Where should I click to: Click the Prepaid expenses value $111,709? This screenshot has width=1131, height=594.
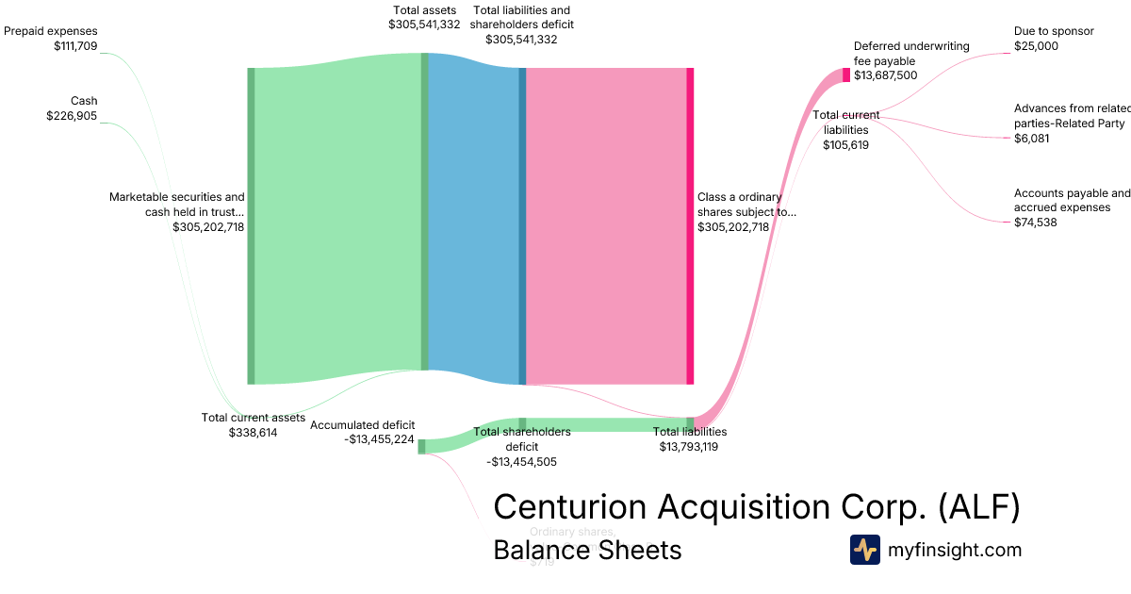[x=75, y=45]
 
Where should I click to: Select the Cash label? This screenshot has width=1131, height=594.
[x=84, y=101]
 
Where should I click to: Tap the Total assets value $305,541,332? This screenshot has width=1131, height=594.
[x=424, y=25]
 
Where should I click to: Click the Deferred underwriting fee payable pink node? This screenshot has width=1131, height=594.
[x=846, y=75]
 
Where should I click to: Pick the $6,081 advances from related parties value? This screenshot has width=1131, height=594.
[x=1031, y=139]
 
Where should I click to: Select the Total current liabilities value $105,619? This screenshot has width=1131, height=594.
[x=845, y=145]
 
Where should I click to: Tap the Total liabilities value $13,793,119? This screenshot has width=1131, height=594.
[x=689, y=447]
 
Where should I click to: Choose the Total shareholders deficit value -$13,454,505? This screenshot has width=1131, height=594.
[x=521, y=462]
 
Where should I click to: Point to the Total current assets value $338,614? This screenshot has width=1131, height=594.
[x=253, y=433]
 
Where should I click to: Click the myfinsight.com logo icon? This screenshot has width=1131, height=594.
[x=864, y=550]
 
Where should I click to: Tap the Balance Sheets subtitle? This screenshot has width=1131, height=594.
[x=586, y=550]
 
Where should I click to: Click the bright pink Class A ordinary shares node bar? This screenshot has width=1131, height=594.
[x=690, y=226]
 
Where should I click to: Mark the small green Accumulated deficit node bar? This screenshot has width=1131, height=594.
[x=421, y=446]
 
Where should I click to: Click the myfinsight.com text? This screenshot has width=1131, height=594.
[x=955, y=550]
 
